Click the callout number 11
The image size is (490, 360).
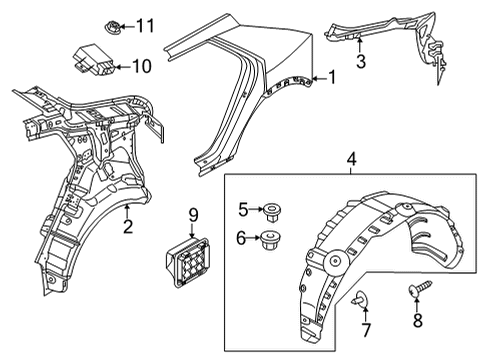(145, 26)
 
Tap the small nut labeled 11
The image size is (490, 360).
(112, 26)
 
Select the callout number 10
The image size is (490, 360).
(141, 66)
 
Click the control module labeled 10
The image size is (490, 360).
(94, 59)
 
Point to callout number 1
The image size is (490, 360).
(332, 77)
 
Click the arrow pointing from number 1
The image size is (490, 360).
(319, 79)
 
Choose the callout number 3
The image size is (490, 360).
(360, 61)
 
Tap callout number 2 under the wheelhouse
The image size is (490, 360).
(128, 226)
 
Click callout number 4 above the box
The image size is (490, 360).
(351, 159)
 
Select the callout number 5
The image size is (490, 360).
(243, 209)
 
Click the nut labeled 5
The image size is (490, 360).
(271, 211)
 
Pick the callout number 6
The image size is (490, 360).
(241, 238)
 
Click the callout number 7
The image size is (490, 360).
(366, 330)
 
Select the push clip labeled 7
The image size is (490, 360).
(359, 298)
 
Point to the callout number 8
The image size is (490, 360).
(418, 321)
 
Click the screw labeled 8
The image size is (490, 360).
(420, 288)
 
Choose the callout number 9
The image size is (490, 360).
(193, 215)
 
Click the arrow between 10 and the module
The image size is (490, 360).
(123, 67)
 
